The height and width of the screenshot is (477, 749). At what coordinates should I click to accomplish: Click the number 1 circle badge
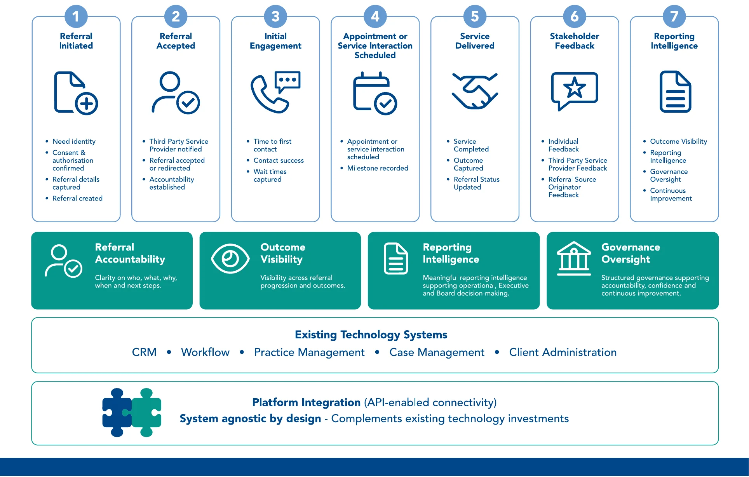pyautogui.click(x=76, y=16)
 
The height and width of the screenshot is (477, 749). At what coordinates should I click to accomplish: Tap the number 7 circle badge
pyautogui.click(x=674, y=16)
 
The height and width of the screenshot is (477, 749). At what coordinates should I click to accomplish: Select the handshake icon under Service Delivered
pyautogui.click(x=475, y=91)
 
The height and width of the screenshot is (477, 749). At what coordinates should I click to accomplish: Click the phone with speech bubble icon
pyautogui.click(x=275, y=92)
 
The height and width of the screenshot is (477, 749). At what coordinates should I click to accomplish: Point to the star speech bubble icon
pyautogui.click(x=575, y=91)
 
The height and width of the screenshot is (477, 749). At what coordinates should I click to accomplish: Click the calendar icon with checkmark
pyautogui.click(x=375, y=93)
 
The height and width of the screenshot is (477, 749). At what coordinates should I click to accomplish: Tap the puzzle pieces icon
pyautogui.click(x=132, y=413)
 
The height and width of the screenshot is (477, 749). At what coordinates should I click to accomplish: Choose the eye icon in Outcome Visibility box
pyautogui.click(x=230, y=259)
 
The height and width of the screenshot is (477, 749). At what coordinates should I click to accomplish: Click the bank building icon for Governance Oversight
pyautogui.click(x=574, y=258)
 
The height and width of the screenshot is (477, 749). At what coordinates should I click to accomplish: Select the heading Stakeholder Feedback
pyautogui.click(x=574, y=41)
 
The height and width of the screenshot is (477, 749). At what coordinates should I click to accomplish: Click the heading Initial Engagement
pyautogui.click(x=275, y=41)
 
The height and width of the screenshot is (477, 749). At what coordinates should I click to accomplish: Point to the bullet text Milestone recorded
pyautogui.click(x=378, y=168)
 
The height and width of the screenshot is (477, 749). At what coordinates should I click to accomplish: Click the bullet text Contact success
pyautogui.click(x=279, y=160)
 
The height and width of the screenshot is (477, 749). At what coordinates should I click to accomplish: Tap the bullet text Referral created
pyautogui.click(x=77, y=198)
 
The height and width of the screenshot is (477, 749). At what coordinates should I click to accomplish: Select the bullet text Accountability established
pyautogui.click(x=171, y=183)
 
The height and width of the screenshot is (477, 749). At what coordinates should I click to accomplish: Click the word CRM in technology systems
pyautogui.click(x=144, y=352)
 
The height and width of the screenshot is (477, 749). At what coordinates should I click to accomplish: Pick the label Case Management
pyautogui.click(x=437, y=352)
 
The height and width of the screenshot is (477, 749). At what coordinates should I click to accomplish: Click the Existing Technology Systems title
pyautogui.click(x=371, y=334)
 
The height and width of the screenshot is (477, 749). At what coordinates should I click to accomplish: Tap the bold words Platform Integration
pyautogui.click(x=306, y=402)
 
